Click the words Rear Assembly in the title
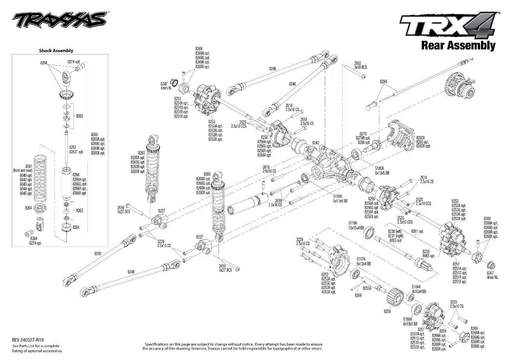pos(458,45)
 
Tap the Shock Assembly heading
pos(56,51)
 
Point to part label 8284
pos(383,82)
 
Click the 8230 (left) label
pos(396,231)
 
